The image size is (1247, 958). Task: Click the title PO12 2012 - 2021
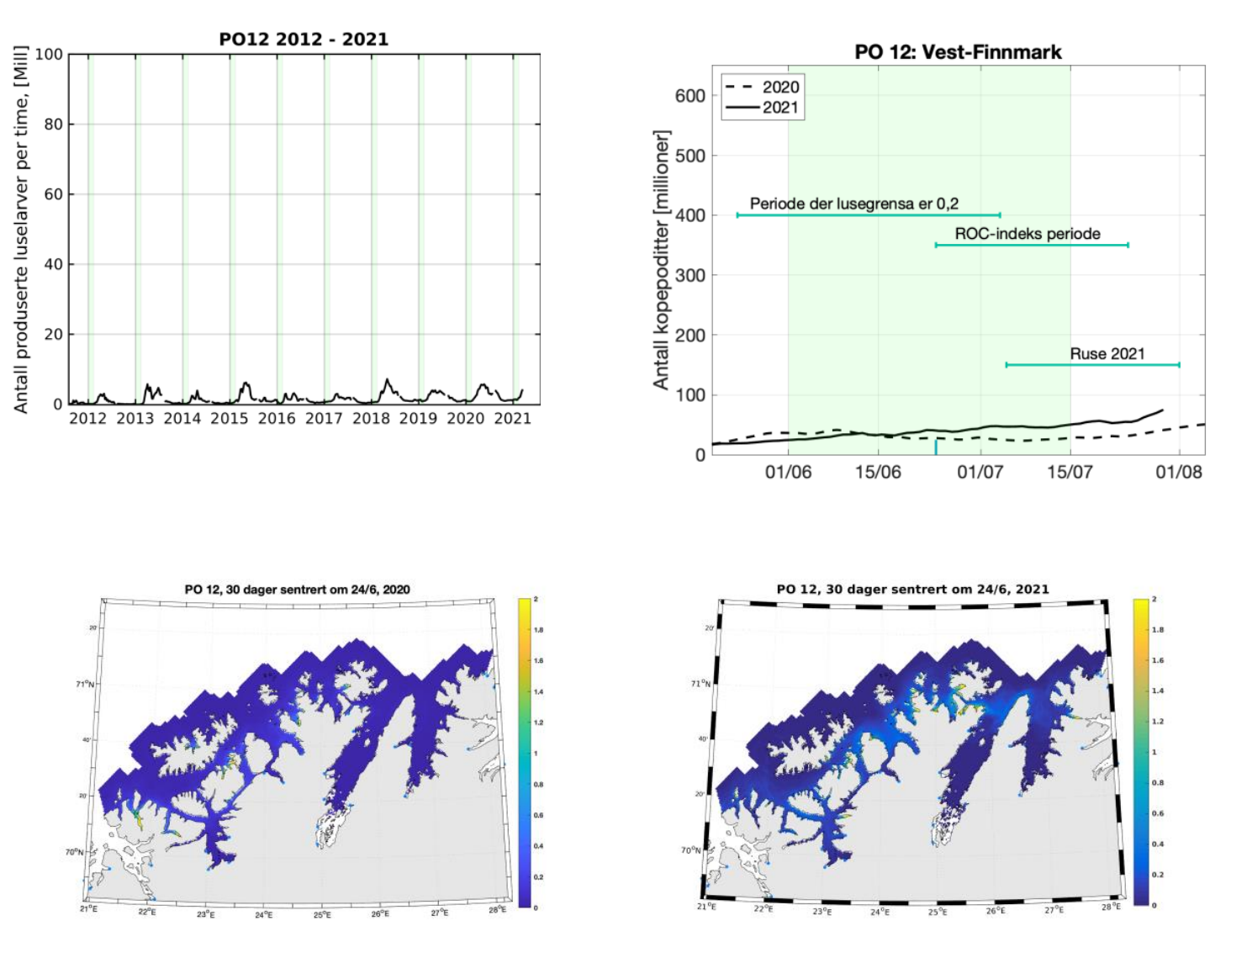tap(304, 40)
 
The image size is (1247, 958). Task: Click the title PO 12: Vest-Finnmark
tap(958, 52)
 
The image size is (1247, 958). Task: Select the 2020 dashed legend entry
tap(763, 87)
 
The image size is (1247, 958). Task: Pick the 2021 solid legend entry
tap(763, 108)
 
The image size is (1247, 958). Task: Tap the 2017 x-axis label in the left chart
tap(324, 418)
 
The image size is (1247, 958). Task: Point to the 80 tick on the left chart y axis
tap(54, 124)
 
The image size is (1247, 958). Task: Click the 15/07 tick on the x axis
tap(1070, 472)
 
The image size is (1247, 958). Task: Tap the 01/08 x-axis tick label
tap(1178, 472)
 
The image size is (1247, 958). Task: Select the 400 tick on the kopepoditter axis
tap(690, 215)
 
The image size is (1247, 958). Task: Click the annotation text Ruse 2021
tap(1107, 354)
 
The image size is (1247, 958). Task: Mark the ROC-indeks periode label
tap(1027, 234)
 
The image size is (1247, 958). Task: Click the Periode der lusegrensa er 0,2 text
tap(853, 204)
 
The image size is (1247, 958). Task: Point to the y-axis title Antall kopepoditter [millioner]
tap(662, 260)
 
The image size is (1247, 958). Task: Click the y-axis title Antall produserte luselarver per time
tap(22, 229)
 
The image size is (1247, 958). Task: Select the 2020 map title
tap(298, 590)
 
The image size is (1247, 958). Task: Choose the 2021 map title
tap(912, 590)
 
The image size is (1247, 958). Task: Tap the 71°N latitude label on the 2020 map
tap(86, 684)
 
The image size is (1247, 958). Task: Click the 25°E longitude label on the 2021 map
tap(937, 911)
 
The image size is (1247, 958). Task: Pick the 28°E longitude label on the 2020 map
tap(498, 909)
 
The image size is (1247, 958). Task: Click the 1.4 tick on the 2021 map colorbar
tap(1159, 691)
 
